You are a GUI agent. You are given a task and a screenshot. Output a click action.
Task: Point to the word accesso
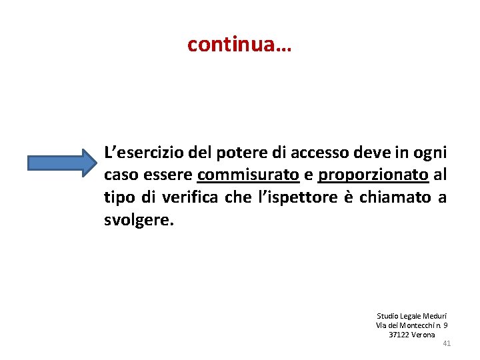click(319, 153)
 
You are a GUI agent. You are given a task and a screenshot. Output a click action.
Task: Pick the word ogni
click(430, 153)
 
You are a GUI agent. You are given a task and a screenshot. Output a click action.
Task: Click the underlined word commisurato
click(248, 175)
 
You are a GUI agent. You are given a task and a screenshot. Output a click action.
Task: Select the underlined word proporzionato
click(373, 175)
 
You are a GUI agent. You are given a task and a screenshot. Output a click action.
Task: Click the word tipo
click(118, 198)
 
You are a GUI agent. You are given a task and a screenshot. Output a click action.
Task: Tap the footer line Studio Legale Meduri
click(412, 315)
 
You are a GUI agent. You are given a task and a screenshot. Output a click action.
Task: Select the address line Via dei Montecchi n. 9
click(412, 325)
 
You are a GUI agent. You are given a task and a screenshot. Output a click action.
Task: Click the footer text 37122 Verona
click(412, 334)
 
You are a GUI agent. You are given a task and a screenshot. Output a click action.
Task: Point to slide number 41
click(447, 343)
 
